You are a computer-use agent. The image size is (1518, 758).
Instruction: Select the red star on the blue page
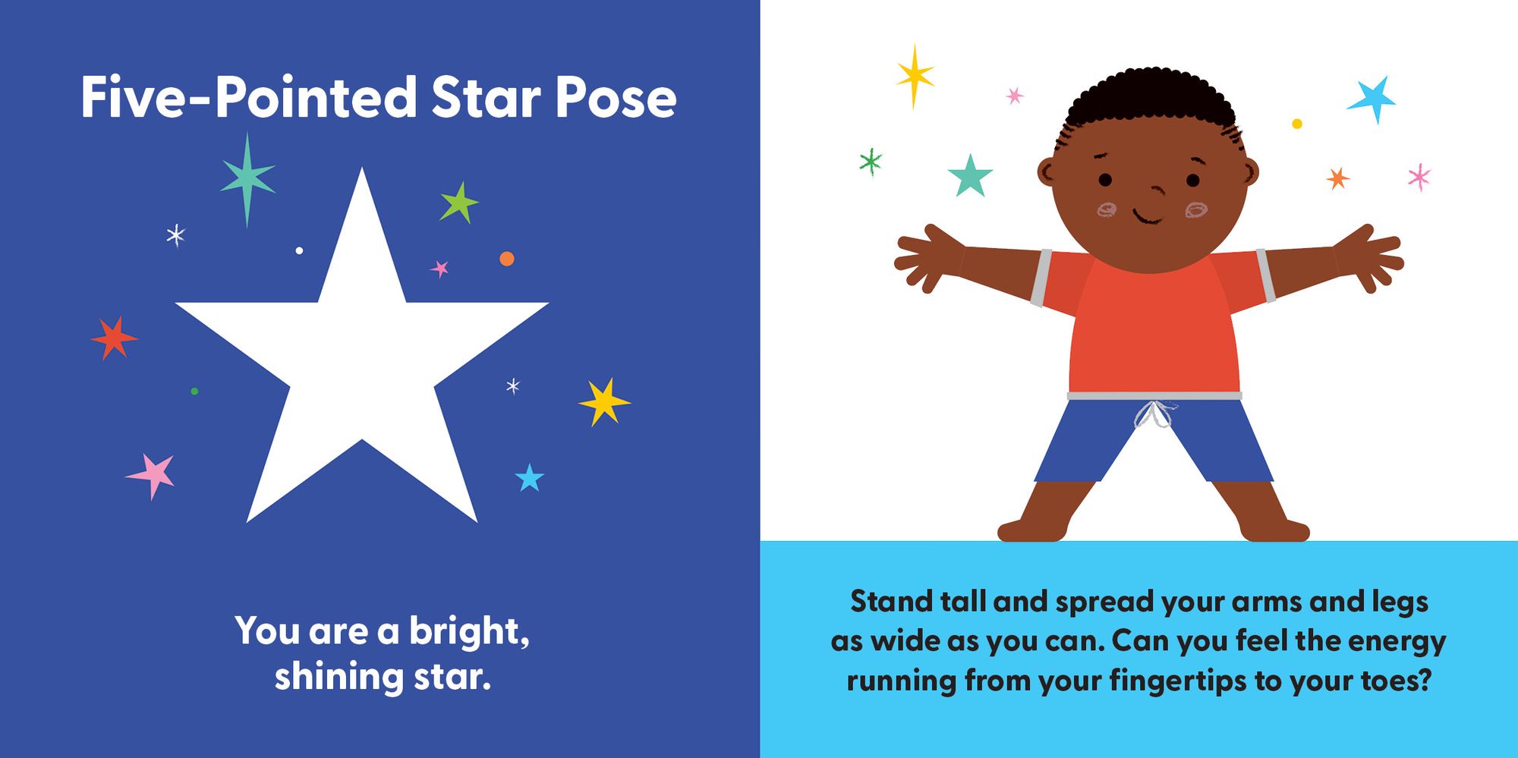click(114, 338)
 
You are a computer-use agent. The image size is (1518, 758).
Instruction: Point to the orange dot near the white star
click(507, 259)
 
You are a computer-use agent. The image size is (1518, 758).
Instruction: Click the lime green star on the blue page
click(458, 203)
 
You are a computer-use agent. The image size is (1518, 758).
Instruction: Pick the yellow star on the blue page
click(604, 401)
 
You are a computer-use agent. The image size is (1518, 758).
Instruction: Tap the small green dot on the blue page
click(194, 392)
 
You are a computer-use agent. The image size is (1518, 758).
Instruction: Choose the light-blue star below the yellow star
click(530, 478)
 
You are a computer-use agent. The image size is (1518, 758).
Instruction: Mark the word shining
click(339, 677)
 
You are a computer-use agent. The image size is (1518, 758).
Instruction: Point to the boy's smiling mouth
click(1147, 217)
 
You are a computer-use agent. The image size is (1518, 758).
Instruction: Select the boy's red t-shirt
click(1153, 322)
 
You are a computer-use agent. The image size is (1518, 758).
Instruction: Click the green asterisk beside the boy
click(870, 161)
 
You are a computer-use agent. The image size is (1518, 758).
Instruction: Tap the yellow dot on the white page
click(1297, 124)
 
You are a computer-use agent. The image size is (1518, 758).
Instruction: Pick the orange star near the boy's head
click(1337, 178)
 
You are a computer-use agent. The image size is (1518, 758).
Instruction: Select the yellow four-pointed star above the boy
click(915, 76)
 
